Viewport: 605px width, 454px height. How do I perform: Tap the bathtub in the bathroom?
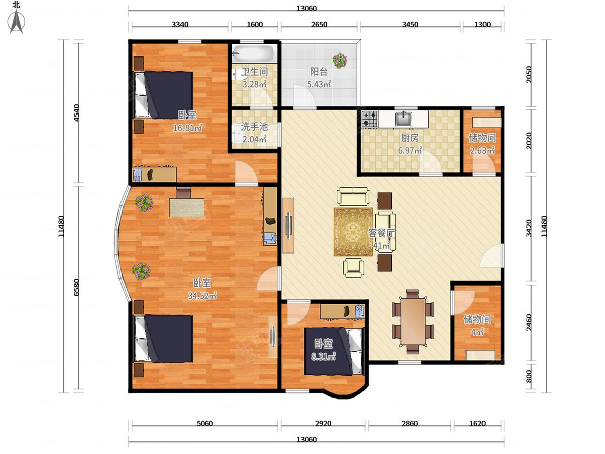[253, 54]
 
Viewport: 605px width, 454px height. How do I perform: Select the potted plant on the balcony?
[340, 61]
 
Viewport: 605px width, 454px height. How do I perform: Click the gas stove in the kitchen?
[370, 119]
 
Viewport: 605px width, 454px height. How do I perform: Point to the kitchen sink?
[403, 119]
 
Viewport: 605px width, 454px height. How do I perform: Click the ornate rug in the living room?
[353, 232]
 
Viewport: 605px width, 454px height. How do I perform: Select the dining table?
[412, 321]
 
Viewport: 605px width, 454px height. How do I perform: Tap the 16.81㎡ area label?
[188, 128]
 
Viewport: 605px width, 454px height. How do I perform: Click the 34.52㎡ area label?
[202, 296]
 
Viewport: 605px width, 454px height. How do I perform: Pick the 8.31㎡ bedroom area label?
[323, 357]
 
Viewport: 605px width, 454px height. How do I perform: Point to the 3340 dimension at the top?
[179, 25]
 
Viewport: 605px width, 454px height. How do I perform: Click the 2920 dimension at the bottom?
[323, 423]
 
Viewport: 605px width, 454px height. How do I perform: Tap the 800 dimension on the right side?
[529, 376]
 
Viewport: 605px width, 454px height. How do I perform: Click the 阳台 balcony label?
[319, 72]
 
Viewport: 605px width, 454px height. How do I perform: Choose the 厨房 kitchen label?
[410, 138]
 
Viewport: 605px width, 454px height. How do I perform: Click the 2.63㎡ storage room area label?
[482, 150]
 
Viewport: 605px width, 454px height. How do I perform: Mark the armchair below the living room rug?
[353, 267]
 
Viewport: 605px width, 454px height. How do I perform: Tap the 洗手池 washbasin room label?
[254, 127]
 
